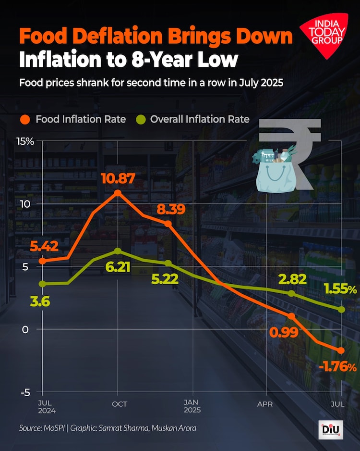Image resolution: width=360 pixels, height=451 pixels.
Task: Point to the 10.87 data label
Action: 117,178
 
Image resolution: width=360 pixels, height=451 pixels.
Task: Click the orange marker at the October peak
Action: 118,193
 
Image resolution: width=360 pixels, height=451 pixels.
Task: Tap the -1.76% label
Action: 337,368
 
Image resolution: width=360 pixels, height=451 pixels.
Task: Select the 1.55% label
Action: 340,289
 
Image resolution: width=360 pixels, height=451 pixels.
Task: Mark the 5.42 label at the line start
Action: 44,246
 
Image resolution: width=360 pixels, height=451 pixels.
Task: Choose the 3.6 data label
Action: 40,302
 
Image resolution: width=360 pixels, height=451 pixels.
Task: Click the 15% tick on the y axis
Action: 25,141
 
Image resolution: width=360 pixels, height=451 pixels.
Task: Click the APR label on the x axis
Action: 265,404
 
